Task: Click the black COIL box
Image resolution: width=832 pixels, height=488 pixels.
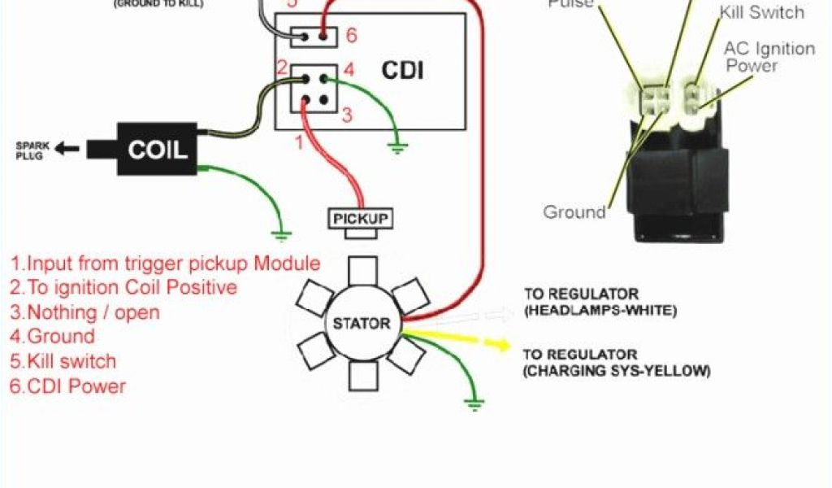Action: coord(157,149)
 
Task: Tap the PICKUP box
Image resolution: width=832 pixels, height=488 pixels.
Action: coord(361,219)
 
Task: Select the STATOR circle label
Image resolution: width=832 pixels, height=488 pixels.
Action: coord(362,323)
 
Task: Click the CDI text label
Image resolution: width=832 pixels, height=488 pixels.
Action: coord(403,70)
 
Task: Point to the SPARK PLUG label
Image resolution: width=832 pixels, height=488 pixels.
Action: coord(33,150)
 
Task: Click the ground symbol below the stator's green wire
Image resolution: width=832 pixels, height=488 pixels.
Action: coord(474,402)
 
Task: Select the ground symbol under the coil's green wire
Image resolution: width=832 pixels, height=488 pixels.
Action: coord(281,236)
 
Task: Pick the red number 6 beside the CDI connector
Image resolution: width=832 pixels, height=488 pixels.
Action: coord(351,35)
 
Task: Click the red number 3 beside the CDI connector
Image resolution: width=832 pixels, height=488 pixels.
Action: coord(347,115)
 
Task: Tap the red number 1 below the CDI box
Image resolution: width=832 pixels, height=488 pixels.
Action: coord(298,143)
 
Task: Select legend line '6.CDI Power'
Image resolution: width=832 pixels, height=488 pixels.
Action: coord(68,386)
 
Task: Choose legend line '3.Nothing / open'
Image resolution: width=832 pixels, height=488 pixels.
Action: coord(84,312)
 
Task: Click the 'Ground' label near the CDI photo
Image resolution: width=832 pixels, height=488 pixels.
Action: coord(574,212)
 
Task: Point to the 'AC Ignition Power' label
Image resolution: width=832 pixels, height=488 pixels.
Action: coord(769,56)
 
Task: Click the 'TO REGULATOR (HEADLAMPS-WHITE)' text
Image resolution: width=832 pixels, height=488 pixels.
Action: coord(600,302)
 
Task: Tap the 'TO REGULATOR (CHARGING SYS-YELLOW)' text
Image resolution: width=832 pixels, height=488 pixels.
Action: coord(616,363)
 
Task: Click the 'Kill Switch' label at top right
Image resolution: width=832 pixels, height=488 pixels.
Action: coord(761,12)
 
